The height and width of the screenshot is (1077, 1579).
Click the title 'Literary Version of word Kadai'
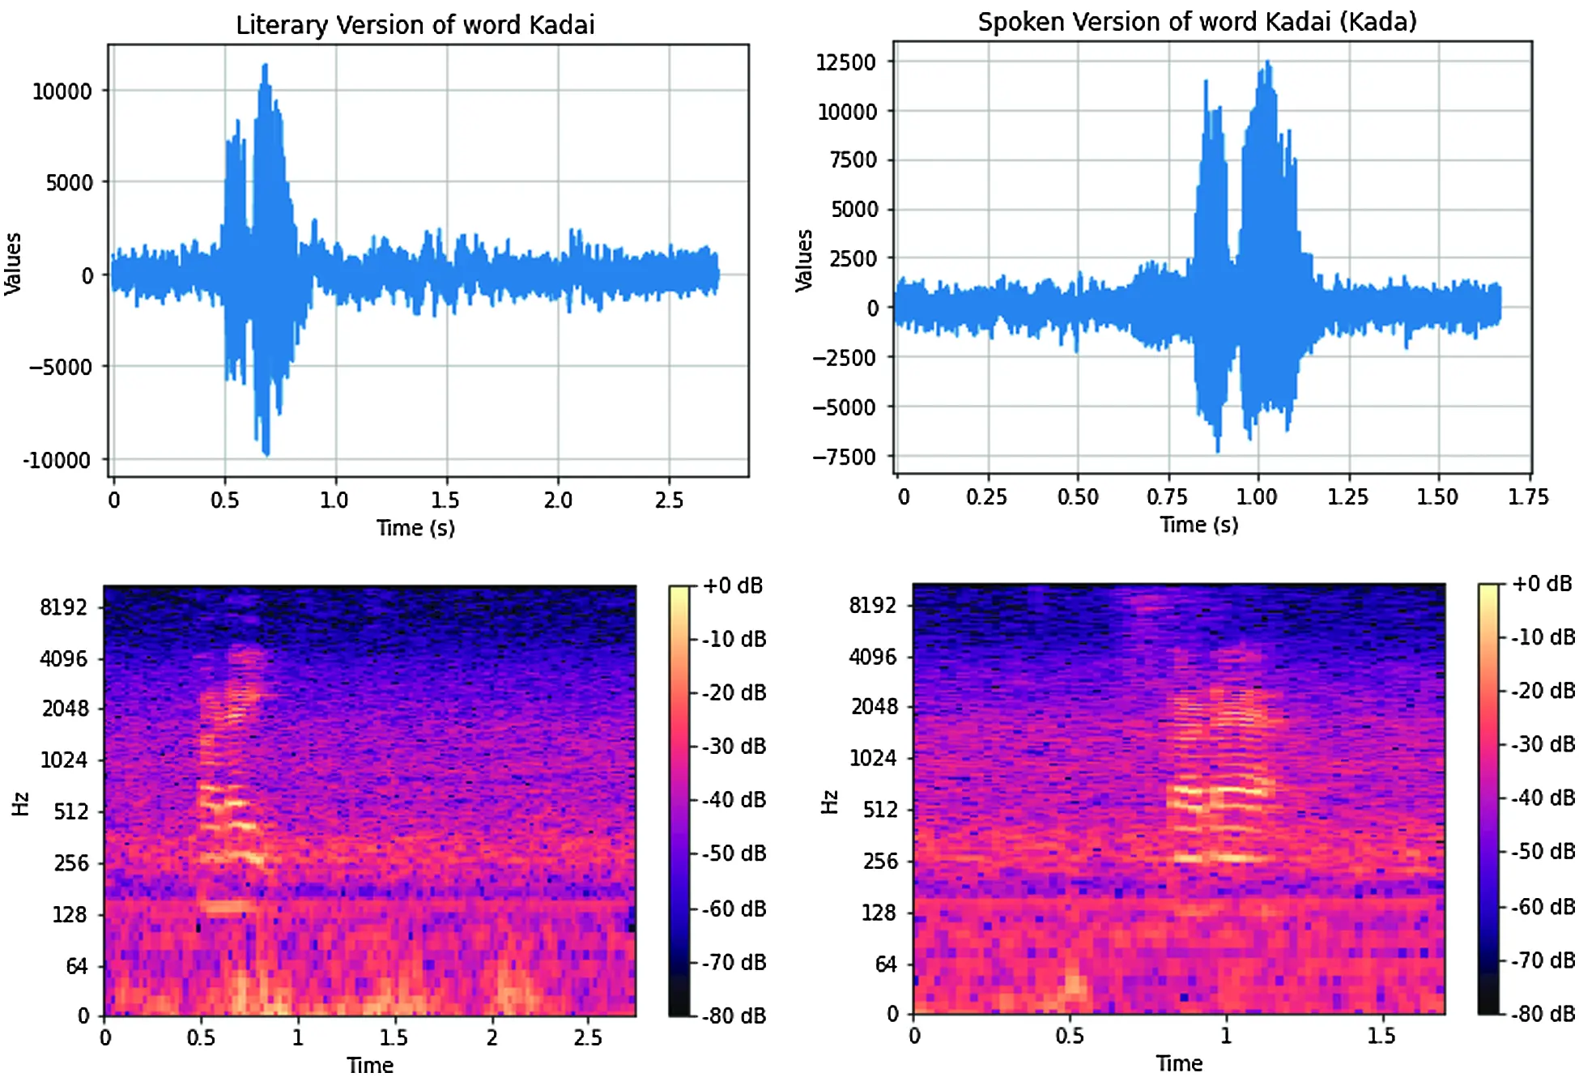(x=415, y=25)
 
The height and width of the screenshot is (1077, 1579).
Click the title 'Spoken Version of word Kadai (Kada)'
(x=1197, y=22)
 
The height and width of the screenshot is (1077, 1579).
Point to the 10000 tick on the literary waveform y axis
(x=62, y=92)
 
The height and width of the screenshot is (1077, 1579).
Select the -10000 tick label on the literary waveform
(x=57, y=461)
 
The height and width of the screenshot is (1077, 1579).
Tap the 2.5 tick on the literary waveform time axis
(x=669, y=500)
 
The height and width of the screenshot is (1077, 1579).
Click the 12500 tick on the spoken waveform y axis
(x=846, y=62)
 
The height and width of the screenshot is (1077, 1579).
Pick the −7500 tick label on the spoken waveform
(x=845, y=458)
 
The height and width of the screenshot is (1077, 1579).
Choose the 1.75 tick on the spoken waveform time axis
(x=1528, y=496)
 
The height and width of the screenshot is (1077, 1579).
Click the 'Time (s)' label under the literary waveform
(x=415, y=528)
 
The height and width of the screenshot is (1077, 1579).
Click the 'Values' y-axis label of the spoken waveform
(x=803, y=260)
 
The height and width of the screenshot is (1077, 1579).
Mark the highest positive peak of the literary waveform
(x=265, y=66)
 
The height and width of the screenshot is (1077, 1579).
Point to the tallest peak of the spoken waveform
(x=1267, y=62)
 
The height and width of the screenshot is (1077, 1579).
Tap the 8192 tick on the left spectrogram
(x=63, y=607)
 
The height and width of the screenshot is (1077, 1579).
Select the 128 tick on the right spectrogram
(x=879, y=913)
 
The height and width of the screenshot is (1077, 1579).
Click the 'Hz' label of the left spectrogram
(x=20, y=803)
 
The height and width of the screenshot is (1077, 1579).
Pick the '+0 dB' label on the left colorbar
(x=733, y=585)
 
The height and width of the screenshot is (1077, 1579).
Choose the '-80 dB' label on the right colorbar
(x=1543, y=1014)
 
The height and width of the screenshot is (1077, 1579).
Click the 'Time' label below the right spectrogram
(x=1179, y=1063)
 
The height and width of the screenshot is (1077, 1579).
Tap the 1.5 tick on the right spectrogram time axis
(x=1381, y=1036)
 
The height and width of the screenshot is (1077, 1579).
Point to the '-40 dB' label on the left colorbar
(x=733, y=800)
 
